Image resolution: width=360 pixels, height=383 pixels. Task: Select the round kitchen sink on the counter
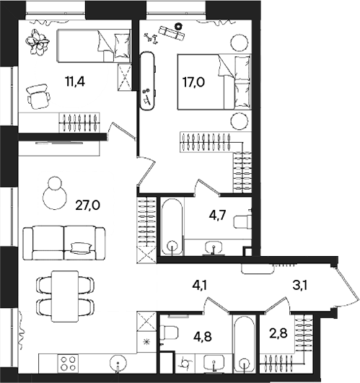pyautogui.click(x=118, y=362)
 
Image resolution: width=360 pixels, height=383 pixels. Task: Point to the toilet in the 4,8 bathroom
pyautogui.click(x=170, y=333)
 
